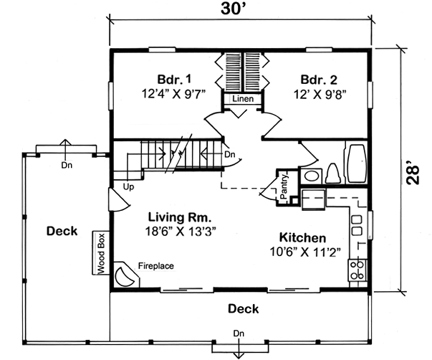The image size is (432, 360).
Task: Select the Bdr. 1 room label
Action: [x=174, y=78]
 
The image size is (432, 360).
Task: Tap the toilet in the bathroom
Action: [x=333, y=174]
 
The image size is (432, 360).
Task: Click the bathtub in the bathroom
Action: [x=356, y=164]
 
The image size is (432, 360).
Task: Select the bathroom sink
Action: [x=311, y=176]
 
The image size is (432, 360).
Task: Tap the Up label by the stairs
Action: [x=130, y=187]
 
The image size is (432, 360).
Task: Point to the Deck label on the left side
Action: [x=62, y=231]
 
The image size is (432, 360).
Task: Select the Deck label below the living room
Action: [x=243, y=309]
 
